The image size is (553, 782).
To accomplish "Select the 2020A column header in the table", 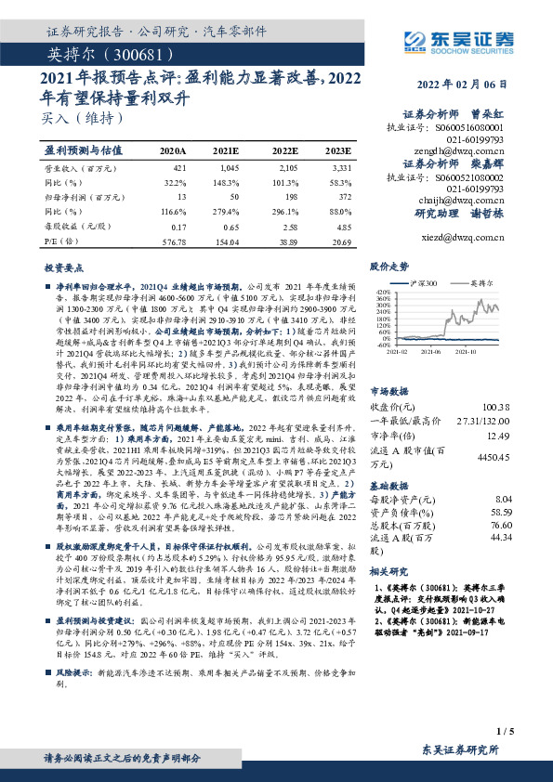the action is coord(173,150).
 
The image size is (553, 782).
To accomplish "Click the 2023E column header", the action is coord(337,150).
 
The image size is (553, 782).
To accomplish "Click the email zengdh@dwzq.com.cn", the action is coord(467,149).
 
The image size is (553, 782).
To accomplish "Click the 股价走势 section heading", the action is coord(389,266).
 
